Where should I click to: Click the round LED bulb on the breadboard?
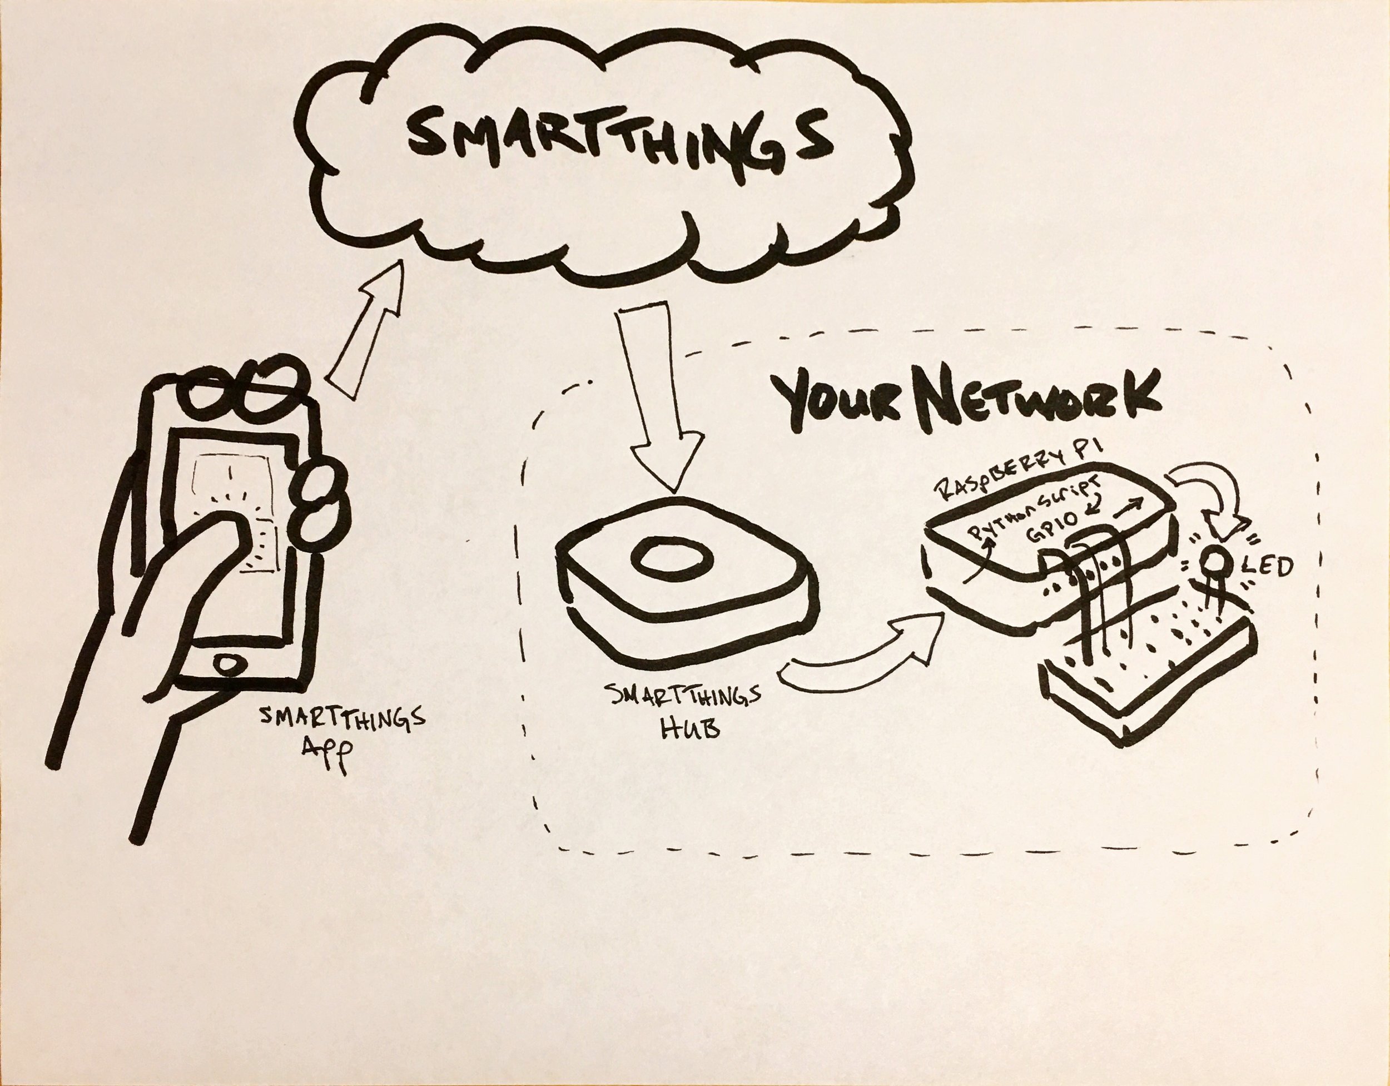click(x=1214, y=564)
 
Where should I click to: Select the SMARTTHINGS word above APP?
click(x=342, y=720)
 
